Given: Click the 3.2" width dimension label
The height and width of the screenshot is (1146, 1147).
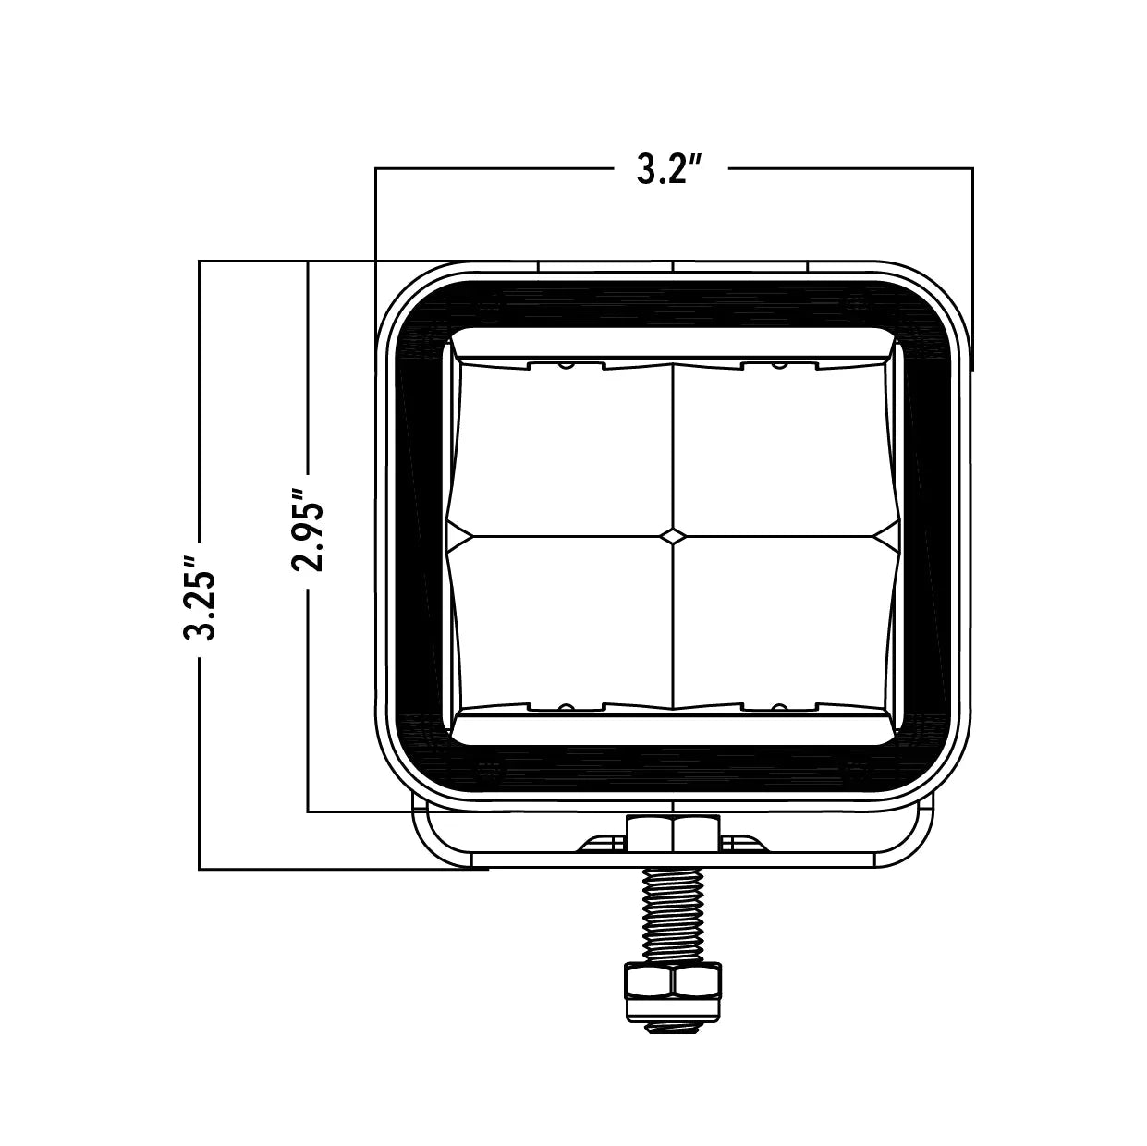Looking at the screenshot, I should [x=671, y=169].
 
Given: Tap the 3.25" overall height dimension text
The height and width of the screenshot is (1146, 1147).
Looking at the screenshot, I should [x=201, y=596].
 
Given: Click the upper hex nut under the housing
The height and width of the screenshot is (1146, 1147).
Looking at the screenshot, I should [x=672, y=834].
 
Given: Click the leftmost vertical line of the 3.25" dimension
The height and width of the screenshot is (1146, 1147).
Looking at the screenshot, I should [x=200, y=739].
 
